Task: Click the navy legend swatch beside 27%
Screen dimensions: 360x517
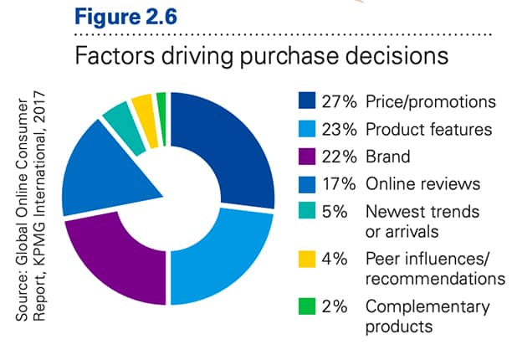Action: point(307,102)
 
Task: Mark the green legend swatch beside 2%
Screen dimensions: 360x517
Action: point(307,306)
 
